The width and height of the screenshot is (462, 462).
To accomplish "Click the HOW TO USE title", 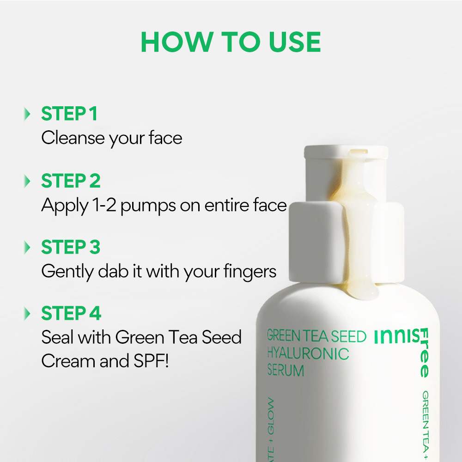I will (x=231, y=42).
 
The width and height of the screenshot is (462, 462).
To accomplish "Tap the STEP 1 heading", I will (x=69, y=114).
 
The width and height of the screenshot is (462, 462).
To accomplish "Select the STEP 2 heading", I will (x=71, y=181).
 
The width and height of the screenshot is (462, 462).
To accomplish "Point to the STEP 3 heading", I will (x=71, y=248).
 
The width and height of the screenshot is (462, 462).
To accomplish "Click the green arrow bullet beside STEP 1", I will (x=28, y=114).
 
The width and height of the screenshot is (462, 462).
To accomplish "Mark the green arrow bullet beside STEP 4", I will (x=28, y=314).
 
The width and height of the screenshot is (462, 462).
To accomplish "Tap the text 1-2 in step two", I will (x=104, y=205).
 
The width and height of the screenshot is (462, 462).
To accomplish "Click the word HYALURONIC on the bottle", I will (x=308, y=354).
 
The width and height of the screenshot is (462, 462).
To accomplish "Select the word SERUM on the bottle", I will (x=286, y=370).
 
